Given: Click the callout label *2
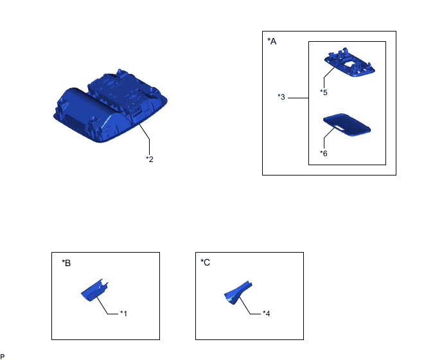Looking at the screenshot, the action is click(150, 159).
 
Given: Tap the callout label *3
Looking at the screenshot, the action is click(281, 97).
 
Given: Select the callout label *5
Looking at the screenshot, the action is click(324, 93).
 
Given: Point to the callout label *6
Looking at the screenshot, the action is click(324, 154).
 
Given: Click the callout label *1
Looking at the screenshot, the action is click(124, 314).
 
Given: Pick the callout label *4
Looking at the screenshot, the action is click(267, 314).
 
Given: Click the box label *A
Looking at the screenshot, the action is click(272, 42).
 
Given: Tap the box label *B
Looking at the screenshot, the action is click(66, 263).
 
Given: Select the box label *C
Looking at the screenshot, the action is click(205, 262).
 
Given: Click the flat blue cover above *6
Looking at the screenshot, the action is click(347, 125).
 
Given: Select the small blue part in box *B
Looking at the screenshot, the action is click(94, 290).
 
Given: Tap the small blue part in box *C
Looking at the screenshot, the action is click(238, 293).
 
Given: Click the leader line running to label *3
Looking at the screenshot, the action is click(298, 98).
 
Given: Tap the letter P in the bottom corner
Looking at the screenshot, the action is click(3, 357).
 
